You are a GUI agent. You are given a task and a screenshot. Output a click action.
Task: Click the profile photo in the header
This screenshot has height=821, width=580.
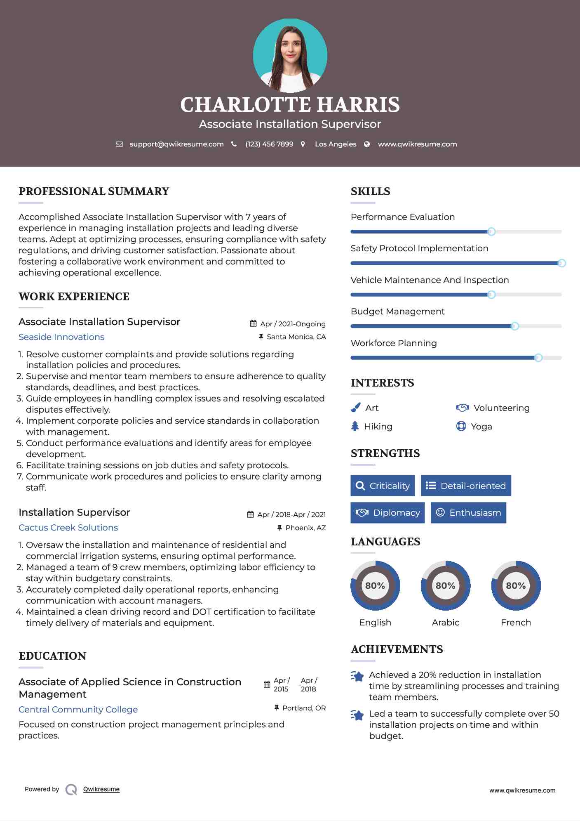[290, 56]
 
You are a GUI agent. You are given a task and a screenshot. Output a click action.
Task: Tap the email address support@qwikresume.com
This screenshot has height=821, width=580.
[176, 144]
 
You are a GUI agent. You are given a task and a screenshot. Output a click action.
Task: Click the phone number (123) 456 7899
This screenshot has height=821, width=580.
[269, 144]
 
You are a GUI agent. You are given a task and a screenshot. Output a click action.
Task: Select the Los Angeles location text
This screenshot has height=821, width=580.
[336, 144]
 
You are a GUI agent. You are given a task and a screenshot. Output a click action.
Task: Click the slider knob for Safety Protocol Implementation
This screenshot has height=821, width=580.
[561, 263]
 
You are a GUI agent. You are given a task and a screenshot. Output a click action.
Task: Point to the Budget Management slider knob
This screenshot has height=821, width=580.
[514, 326]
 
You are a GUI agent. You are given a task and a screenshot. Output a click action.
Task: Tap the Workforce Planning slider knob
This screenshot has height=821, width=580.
[538, 358]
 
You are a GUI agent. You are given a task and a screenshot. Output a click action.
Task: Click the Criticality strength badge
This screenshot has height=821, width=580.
[383, 486]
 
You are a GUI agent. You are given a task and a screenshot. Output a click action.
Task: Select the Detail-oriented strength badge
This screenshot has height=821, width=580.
[466, 486]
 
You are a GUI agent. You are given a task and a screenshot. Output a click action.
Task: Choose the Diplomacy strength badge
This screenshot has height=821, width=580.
[387, 513]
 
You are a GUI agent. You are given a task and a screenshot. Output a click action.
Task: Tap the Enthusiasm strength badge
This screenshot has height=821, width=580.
[468, 513]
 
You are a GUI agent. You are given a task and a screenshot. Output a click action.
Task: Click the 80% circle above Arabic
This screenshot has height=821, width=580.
[445, 585]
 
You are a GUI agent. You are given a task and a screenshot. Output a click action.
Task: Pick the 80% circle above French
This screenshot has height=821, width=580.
[516, 585]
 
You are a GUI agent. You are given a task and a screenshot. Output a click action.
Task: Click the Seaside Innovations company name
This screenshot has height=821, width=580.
[61, 337]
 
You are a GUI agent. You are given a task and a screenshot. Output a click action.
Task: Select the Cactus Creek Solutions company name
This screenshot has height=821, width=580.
[68, 528]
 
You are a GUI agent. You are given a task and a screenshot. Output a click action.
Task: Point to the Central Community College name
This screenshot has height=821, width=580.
[78, 710]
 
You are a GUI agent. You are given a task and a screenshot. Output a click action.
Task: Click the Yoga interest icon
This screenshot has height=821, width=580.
[461, 426]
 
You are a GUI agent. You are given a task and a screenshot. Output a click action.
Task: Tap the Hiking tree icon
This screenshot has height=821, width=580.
[355, 426]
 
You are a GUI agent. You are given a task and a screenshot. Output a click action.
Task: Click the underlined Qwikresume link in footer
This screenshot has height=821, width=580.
[101, 789]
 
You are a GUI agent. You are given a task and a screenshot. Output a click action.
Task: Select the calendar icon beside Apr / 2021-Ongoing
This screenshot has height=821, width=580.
[253, 324]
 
